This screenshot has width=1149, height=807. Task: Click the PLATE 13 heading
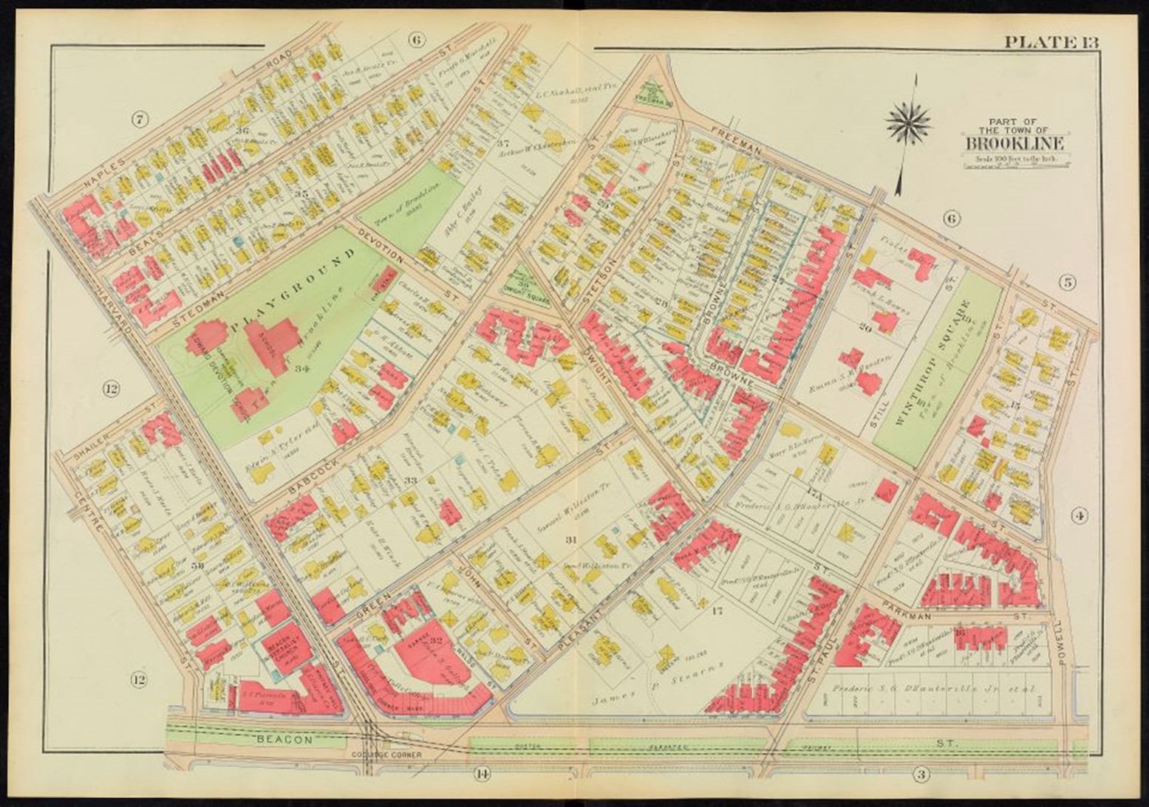[1050, 41]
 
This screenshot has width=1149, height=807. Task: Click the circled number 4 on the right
[1080, 516]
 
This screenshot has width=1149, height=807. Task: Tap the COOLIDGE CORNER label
[392, 755]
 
